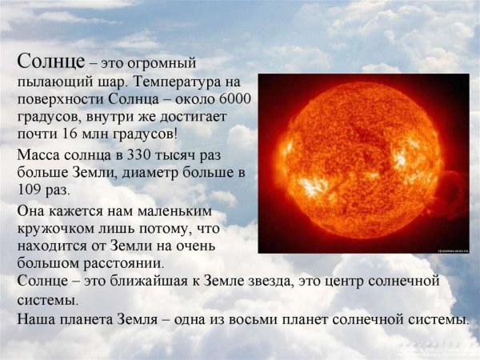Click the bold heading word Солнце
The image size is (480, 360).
tap(50, 62)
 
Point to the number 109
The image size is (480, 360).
tap(30, 190)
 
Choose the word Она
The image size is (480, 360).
tap(31, 210)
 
